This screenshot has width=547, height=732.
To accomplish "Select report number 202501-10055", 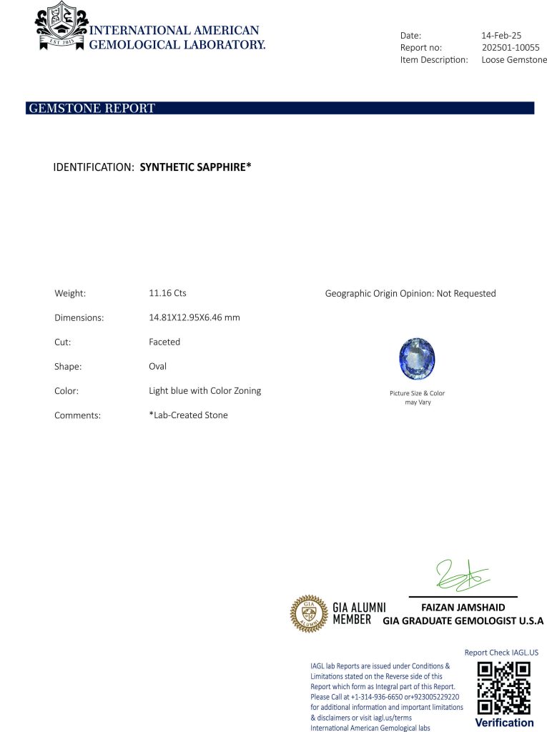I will (x=511, y=47).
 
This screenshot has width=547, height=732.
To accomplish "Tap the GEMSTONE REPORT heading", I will (x=92, y=109).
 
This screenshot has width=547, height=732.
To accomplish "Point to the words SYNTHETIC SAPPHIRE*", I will (x=195, y=167).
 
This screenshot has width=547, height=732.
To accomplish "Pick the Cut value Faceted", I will (x=164, y=342).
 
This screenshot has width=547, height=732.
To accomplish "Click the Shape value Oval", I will (x=157, y=366).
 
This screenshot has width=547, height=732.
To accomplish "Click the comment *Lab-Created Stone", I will (x=188, y=415).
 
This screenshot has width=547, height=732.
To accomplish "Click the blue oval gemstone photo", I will (x=418, y=359).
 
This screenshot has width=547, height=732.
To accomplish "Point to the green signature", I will (x=461, y=576).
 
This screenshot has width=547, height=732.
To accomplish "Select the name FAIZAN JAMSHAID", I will (x=463, y=608).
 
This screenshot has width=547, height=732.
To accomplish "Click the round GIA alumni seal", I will (x=308, y=614).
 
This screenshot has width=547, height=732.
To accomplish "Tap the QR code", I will (x=503, y=688).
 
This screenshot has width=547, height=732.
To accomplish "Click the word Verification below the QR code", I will (x=504, y=723).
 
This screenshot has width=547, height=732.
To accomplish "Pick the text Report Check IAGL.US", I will (x=501, y=653).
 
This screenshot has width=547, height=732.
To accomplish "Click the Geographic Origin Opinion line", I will (x=410, y=293).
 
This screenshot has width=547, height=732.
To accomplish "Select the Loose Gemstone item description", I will (x=514, y=60).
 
